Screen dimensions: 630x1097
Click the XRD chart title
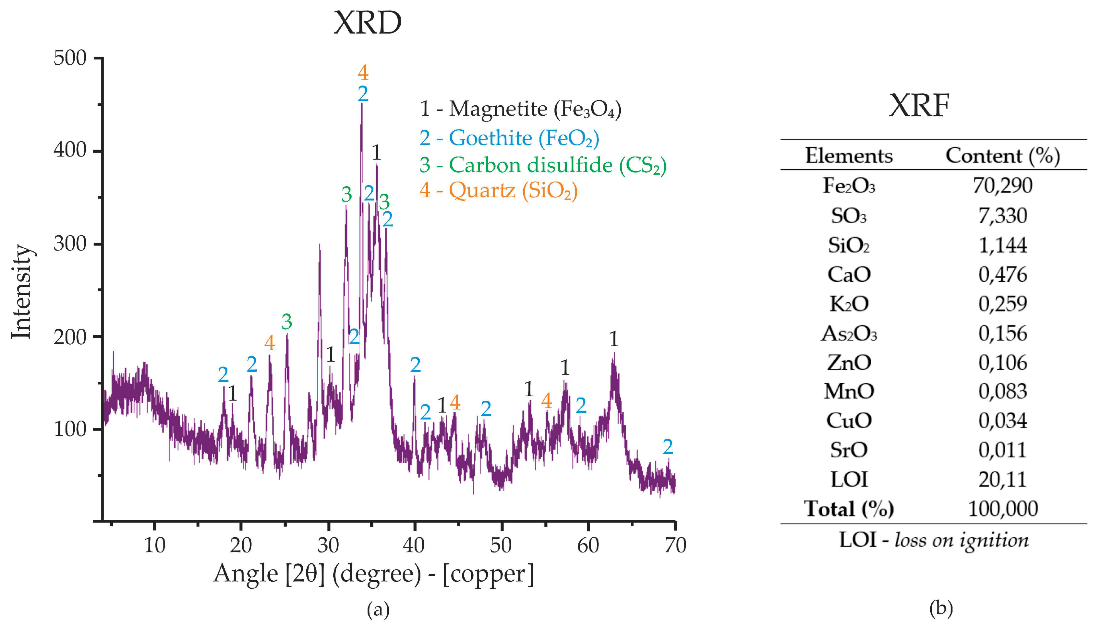point(368,22)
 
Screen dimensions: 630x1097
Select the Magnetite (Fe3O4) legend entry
point(521,109)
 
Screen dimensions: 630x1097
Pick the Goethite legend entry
point(509,138)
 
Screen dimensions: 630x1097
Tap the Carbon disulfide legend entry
point(543,165)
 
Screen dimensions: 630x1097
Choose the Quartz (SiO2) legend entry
point(499,190)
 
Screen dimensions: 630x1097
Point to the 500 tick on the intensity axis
point(70,58)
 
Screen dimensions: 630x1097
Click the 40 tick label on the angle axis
point(414,546)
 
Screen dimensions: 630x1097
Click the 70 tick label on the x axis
point(675,546)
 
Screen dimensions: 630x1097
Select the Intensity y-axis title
point(22,292)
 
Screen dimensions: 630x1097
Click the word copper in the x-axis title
point(488,574)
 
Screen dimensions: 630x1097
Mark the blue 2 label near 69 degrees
point(668,447)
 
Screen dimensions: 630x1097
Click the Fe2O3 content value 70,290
point(1002,185)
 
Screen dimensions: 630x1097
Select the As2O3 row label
point(848,334)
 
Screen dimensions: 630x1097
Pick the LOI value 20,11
point(1002,479)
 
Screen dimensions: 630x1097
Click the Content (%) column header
point(1002,155)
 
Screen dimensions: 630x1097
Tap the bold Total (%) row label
point(848,509)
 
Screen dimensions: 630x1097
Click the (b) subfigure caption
point(941,609)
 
